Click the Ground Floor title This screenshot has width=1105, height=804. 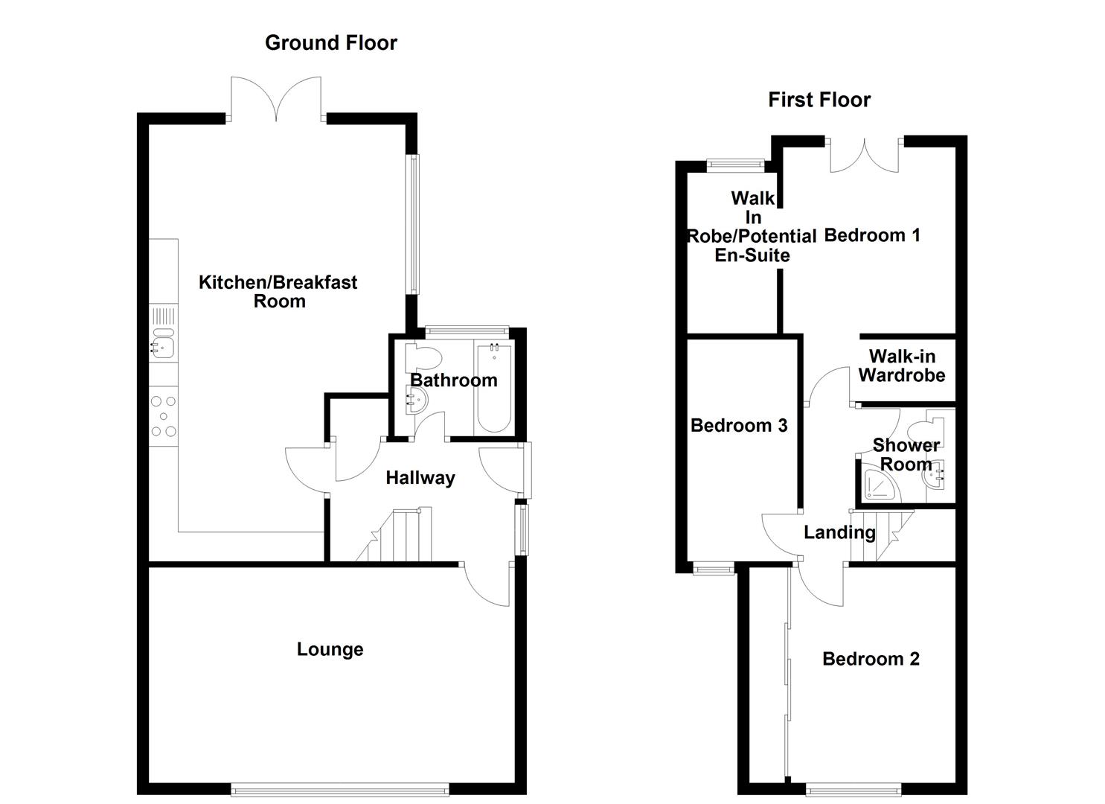point(330,43)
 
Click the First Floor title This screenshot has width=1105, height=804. point(819,100)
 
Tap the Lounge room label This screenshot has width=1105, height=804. point(330,649)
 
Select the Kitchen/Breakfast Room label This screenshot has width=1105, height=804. point(278,292)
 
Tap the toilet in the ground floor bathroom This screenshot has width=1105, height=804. point(424,357)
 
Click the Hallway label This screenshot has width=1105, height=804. point(420,478)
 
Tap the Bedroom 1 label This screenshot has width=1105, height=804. point(872,235)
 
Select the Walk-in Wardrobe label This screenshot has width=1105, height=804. point(902,366)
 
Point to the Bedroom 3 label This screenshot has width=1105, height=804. point(738,425)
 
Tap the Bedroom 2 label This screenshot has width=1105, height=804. point(871,659)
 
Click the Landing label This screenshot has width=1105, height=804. point(839,532)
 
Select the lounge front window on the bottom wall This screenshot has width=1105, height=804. point(340,788)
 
